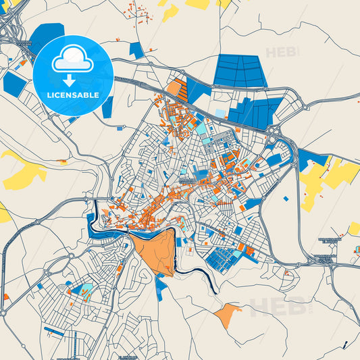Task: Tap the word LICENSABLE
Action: pyautogui.click(x=73, y=95)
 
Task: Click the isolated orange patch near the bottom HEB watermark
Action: pyautogui.click(x=227, y=314)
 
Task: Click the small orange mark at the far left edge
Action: pyautogui.click(x=6, y=297)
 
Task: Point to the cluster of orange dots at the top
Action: pyautogui.click(x=142, y=14)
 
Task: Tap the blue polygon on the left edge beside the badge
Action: pyautogui.click(x=14, y=82)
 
